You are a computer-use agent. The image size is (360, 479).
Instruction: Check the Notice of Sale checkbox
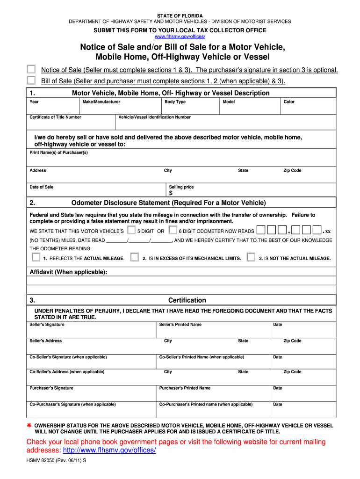click(31, 69)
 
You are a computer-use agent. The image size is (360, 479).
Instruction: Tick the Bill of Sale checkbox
click(31, 80)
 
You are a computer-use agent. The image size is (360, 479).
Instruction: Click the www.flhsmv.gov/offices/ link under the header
click(180, 36)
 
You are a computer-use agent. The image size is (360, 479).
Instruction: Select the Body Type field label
click(175, 102)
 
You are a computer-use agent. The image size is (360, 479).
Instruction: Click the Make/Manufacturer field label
click(101, 102)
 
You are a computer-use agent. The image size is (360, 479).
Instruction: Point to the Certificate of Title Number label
click(55, 117)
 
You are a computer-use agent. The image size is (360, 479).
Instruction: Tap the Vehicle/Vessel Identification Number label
click(155, 117)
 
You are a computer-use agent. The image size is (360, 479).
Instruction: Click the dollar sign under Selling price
click(171, 193)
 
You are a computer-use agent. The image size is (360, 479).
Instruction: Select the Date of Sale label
click(42, 187)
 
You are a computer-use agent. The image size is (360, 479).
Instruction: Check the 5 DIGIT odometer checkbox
click(131, 230)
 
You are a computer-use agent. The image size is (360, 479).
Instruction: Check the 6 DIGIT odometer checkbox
click(173, 230)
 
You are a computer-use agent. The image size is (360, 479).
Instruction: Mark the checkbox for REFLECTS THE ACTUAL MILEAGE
click(36, 257)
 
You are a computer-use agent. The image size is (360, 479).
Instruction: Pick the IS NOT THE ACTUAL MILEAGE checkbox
click(251, 257)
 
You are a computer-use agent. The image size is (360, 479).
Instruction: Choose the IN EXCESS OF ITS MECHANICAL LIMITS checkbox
click(135, 257)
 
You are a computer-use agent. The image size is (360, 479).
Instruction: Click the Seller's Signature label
click(47, 325)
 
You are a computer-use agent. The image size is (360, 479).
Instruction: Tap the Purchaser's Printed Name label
click(185, 388)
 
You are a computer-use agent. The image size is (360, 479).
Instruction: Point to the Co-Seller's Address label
click(67, 372)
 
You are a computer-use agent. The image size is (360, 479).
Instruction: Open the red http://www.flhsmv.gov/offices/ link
click(109, 450)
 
